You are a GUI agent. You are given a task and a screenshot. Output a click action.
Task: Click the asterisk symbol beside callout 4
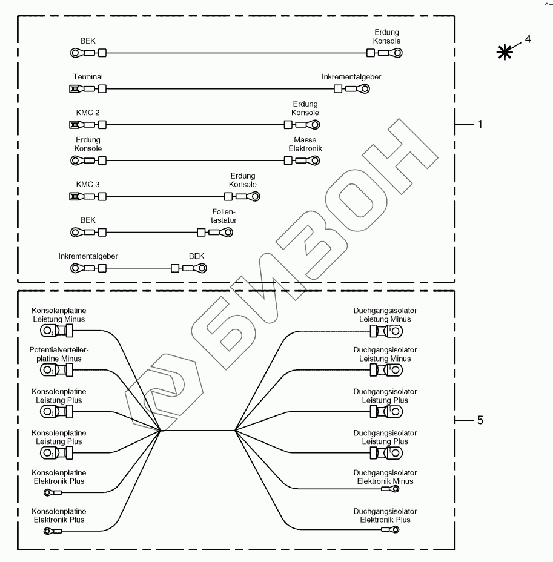(x=503, y=52)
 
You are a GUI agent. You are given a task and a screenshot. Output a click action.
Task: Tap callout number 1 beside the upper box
(x=480, y=125)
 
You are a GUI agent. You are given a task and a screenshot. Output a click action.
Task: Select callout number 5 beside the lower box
(x=480, y=419)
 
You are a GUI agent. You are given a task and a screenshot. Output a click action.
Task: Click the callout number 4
(x=528, y=39)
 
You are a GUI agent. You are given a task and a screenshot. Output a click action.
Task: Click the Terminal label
(x=88, y=77)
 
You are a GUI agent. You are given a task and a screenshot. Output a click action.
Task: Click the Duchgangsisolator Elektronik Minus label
(x=385, y=477)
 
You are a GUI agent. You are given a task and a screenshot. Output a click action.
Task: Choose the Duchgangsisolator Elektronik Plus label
(x=385, y=515)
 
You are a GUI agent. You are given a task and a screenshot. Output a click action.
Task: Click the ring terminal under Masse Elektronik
(x=314, y=160)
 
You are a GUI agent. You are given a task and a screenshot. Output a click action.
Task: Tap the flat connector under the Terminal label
(x=75, y=90)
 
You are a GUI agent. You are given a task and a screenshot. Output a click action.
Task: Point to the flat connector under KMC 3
(x=75, y=196)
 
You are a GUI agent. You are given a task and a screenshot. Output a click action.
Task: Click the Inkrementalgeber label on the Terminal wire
(x=351, y=77)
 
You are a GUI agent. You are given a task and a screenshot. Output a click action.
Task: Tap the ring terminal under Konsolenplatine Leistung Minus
(x=47, y=331)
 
